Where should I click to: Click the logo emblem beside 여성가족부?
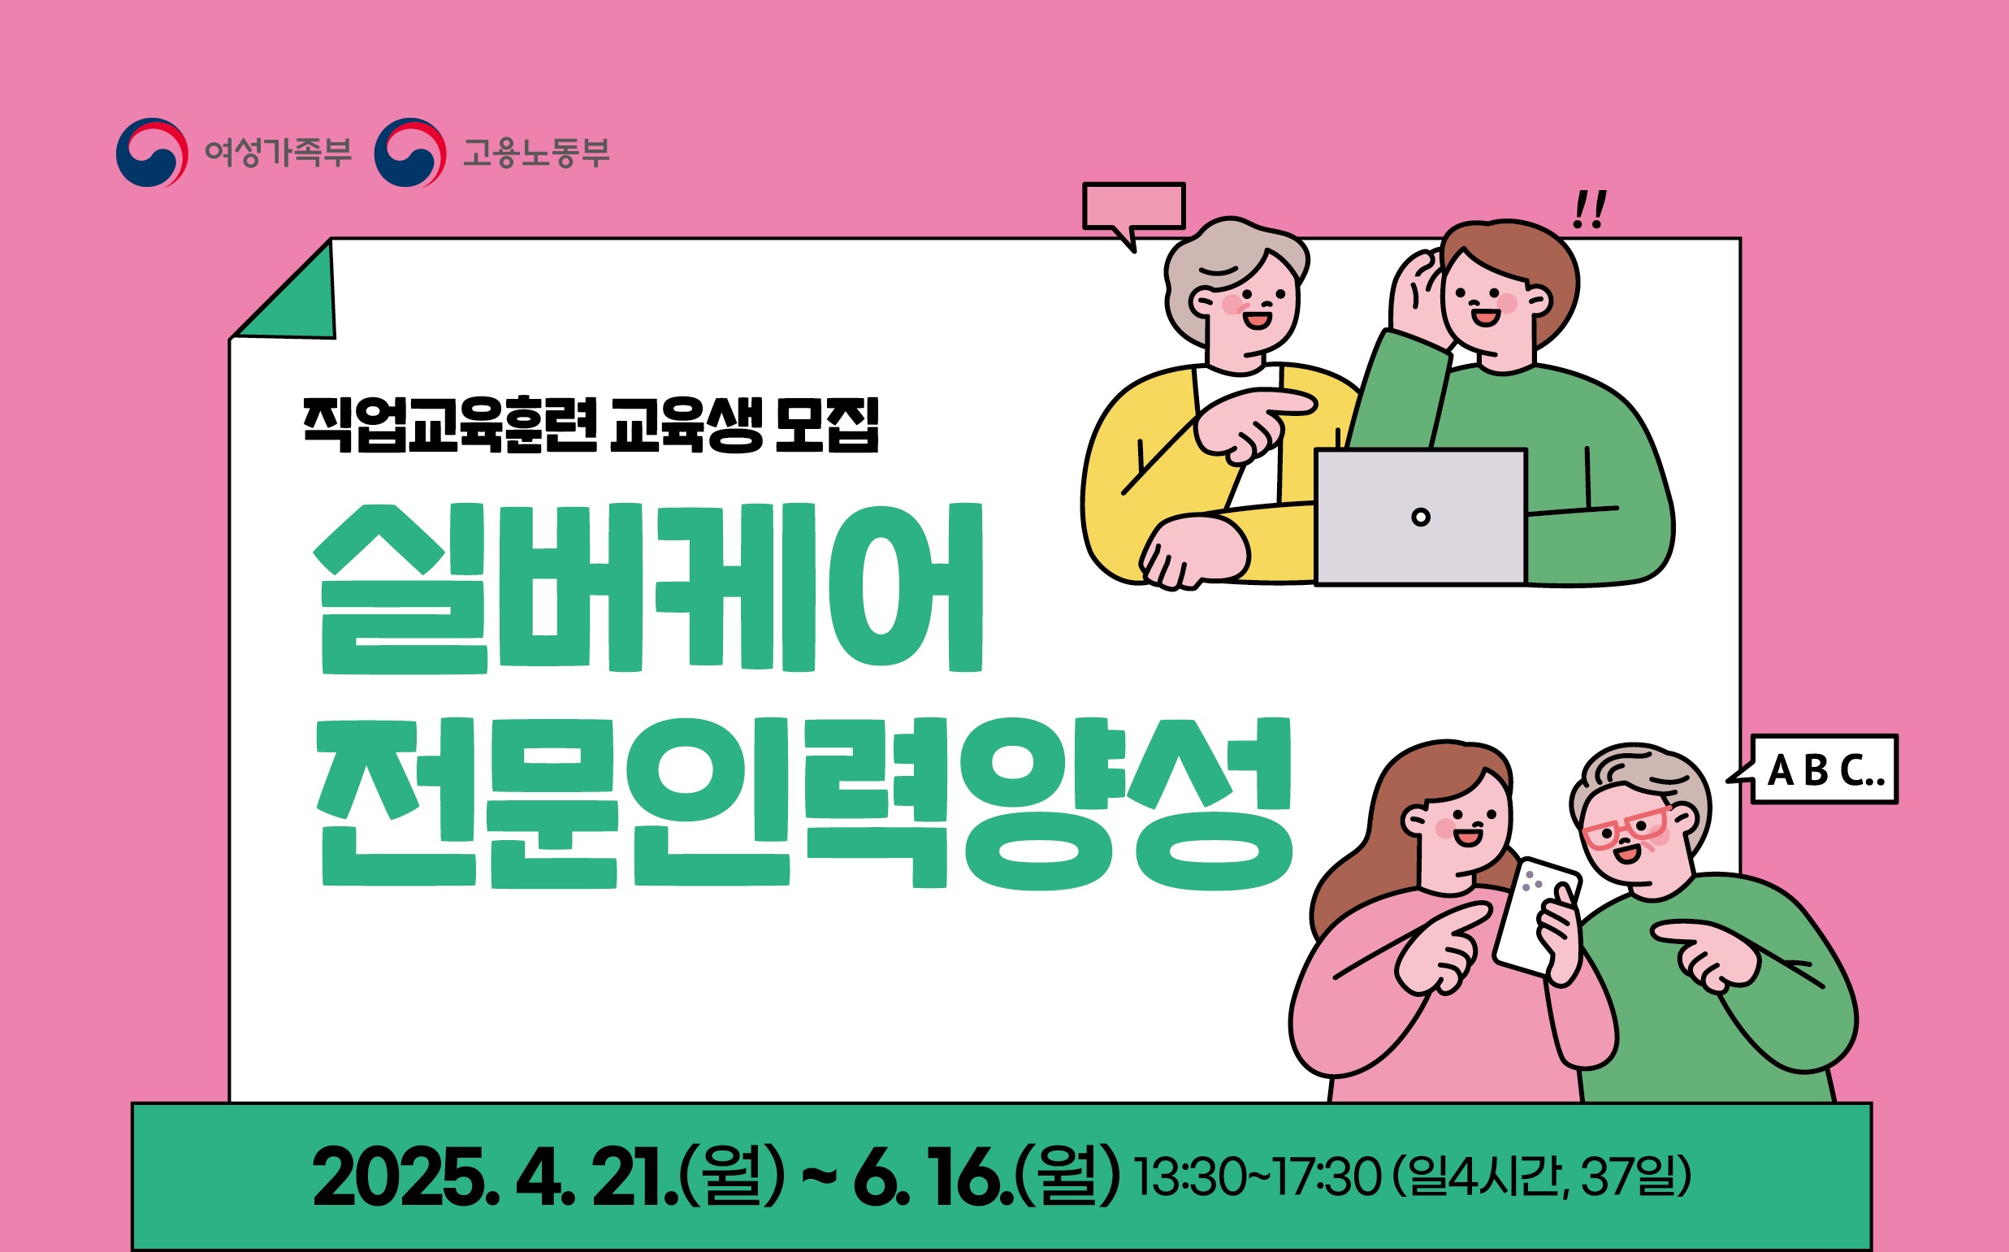pos(151,153)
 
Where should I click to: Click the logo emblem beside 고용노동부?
pos(409,153)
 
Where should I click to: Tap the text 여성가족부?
pos(278,153)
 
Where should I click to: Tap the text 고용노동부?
pos(535,153)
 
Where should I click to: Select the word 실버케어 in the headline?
pos(648,588)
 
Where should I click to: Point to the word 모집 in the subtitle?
pos(827,425)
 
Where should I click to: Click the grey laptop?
pos(1421,518)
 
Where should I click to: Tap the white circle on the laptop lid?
pos(1421,518)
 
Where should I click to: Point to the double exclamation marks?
pos(1589,210)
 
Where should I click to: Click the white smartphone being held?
pos(1535,916)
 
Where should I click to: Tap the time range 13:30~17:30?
pos(1258,1176)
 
